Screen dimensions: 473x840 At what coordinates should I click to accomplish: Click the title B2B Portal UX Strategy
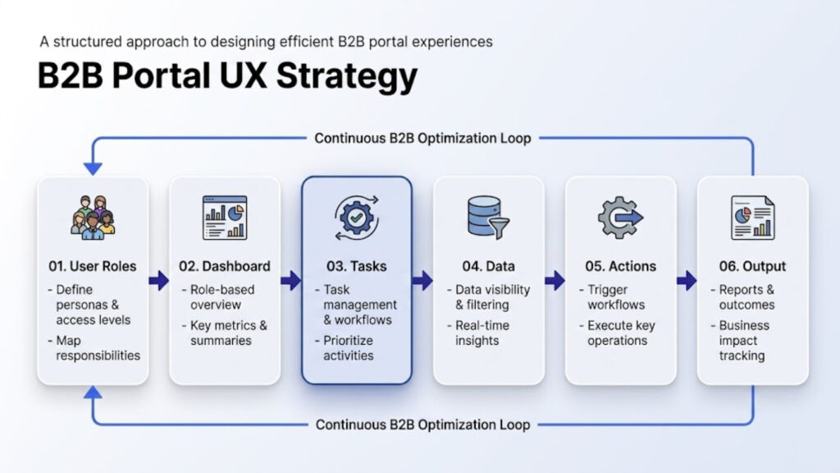(x=227, y=76)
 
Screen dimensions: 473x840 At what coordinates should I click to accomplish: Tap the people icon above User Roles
(x=93, y=218)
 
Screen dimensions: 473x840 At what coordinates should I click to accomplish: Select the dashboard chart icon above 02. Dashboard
(x=225, y=218)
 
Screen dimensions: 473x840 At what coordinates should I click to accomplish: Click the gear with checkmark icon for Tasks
(x=357, y=218)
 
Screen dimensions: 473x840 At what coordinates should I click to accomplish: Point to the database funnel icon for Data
(x=488, y=218)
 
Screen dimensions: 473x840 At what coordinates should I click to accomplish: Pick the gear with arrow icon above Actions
(x=621, y=218)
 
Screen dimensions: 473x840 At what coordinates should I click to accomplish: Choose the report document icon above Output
(x=752, y=218)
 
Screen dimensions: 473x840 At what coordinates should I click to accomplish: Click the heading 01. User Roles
(x=92, y=266)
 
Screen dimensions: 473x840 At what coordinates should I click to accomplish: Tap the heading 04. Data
(x=488, y=266)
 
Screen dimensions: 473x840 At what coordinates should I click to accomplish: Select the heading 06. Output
(x=752, y=266)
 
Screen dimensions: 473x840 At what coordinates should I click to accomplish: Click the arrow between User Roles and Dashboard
(x=158, y=281)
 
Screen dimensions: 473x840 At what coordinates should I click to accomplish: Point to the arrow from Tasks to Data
(x=422, y=281)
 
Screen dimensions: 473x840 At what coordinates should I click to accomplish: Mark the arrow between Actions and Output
(x=687, y=281)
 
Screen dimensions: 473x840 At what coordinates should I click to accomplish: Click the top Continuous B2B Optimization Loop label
(x=422, y=138)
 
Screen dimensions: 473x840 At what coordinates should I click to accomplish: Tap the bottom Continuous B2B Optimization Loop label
(x=422, y=425)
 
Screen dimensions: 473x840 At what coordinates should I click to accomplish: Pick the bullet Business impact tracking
(x=743, y=340)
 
